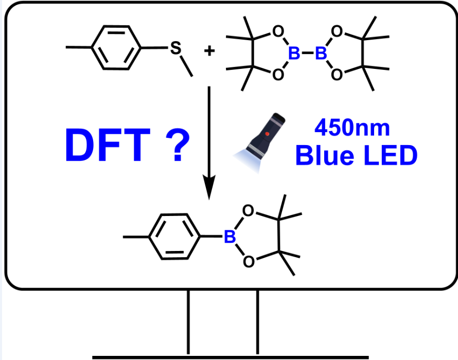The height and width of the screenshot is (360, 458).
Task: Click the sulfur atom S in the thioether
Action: (176, 50)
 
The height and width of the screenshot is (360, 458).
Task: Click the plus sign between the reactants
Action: (209, 52)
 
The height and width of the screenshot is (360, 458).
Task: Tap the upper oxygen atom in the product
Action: (248, 210)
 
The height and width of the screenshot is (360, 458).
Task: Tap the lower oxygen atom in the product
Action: (248, 263)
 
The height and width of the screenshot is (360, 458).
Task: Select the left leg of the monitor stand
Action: (189, 322)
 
